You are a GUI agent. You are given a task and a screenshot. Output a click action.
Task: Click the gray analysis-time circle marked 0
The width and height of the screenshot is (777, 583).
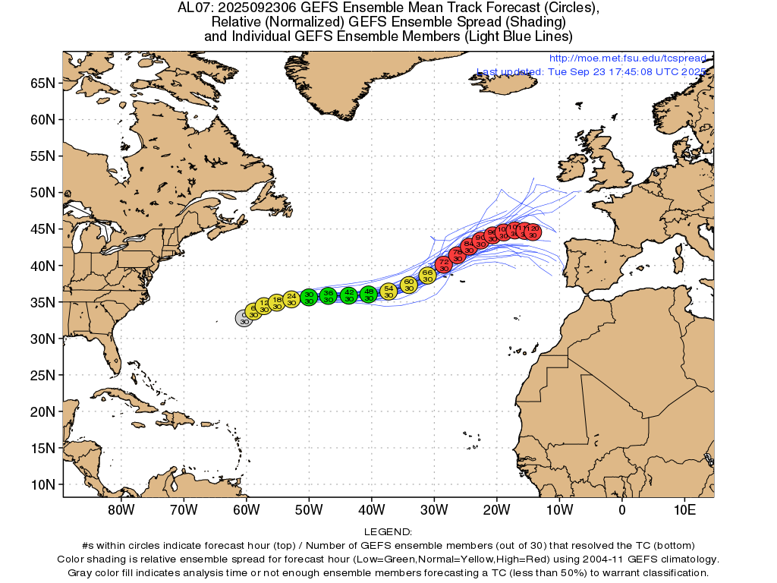244,318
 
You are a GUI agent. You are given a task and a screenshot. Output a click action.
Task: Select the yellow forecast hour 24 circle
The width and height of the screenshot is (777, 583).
291,298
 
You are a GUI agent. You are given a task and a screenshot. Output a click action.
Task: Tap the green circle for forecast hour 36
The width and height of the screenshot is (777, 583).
328,296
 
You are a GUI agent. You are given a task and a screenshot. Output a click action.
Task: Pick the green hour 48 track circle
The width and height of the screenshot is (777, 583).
369,295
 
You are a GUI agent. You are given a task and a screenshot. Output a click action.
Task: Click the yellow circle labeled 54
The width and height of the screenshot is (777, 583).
388,291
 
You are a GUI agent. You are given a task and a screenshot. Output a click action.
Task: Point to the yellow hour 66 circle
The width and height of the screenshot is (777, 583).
427,275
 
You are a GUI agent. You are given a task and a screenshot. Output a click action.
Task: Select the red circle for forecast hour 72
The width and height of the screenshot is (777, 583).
444,265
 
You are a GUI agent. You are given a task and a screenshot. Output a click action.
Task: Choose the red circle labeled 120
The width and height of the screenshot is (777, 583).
533,231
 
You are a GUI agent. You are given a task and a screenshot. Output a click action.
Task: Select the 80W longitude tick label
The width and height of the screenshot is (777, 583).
121,509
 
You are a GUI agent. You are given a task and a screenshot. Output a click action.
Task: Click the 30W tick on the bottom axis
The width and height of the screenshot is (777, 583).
434,509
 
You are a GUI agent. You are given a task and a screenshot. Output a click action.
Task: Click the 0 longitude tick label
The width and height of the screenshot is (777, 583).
622,509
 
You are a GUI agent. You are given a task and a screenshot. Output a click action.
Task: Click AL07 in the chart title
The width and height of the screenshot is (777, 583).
193,8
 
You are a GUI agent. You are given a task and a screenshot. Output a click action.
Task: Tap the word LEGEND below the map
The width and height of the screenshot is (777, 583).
388,532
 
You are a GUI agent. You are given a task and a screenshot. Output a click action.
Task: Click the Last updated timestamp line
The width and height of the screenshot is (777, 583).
592,71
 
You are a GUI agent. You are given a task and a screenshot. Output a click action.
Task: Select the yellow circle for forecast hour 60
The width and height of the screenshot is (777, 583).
409,285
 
